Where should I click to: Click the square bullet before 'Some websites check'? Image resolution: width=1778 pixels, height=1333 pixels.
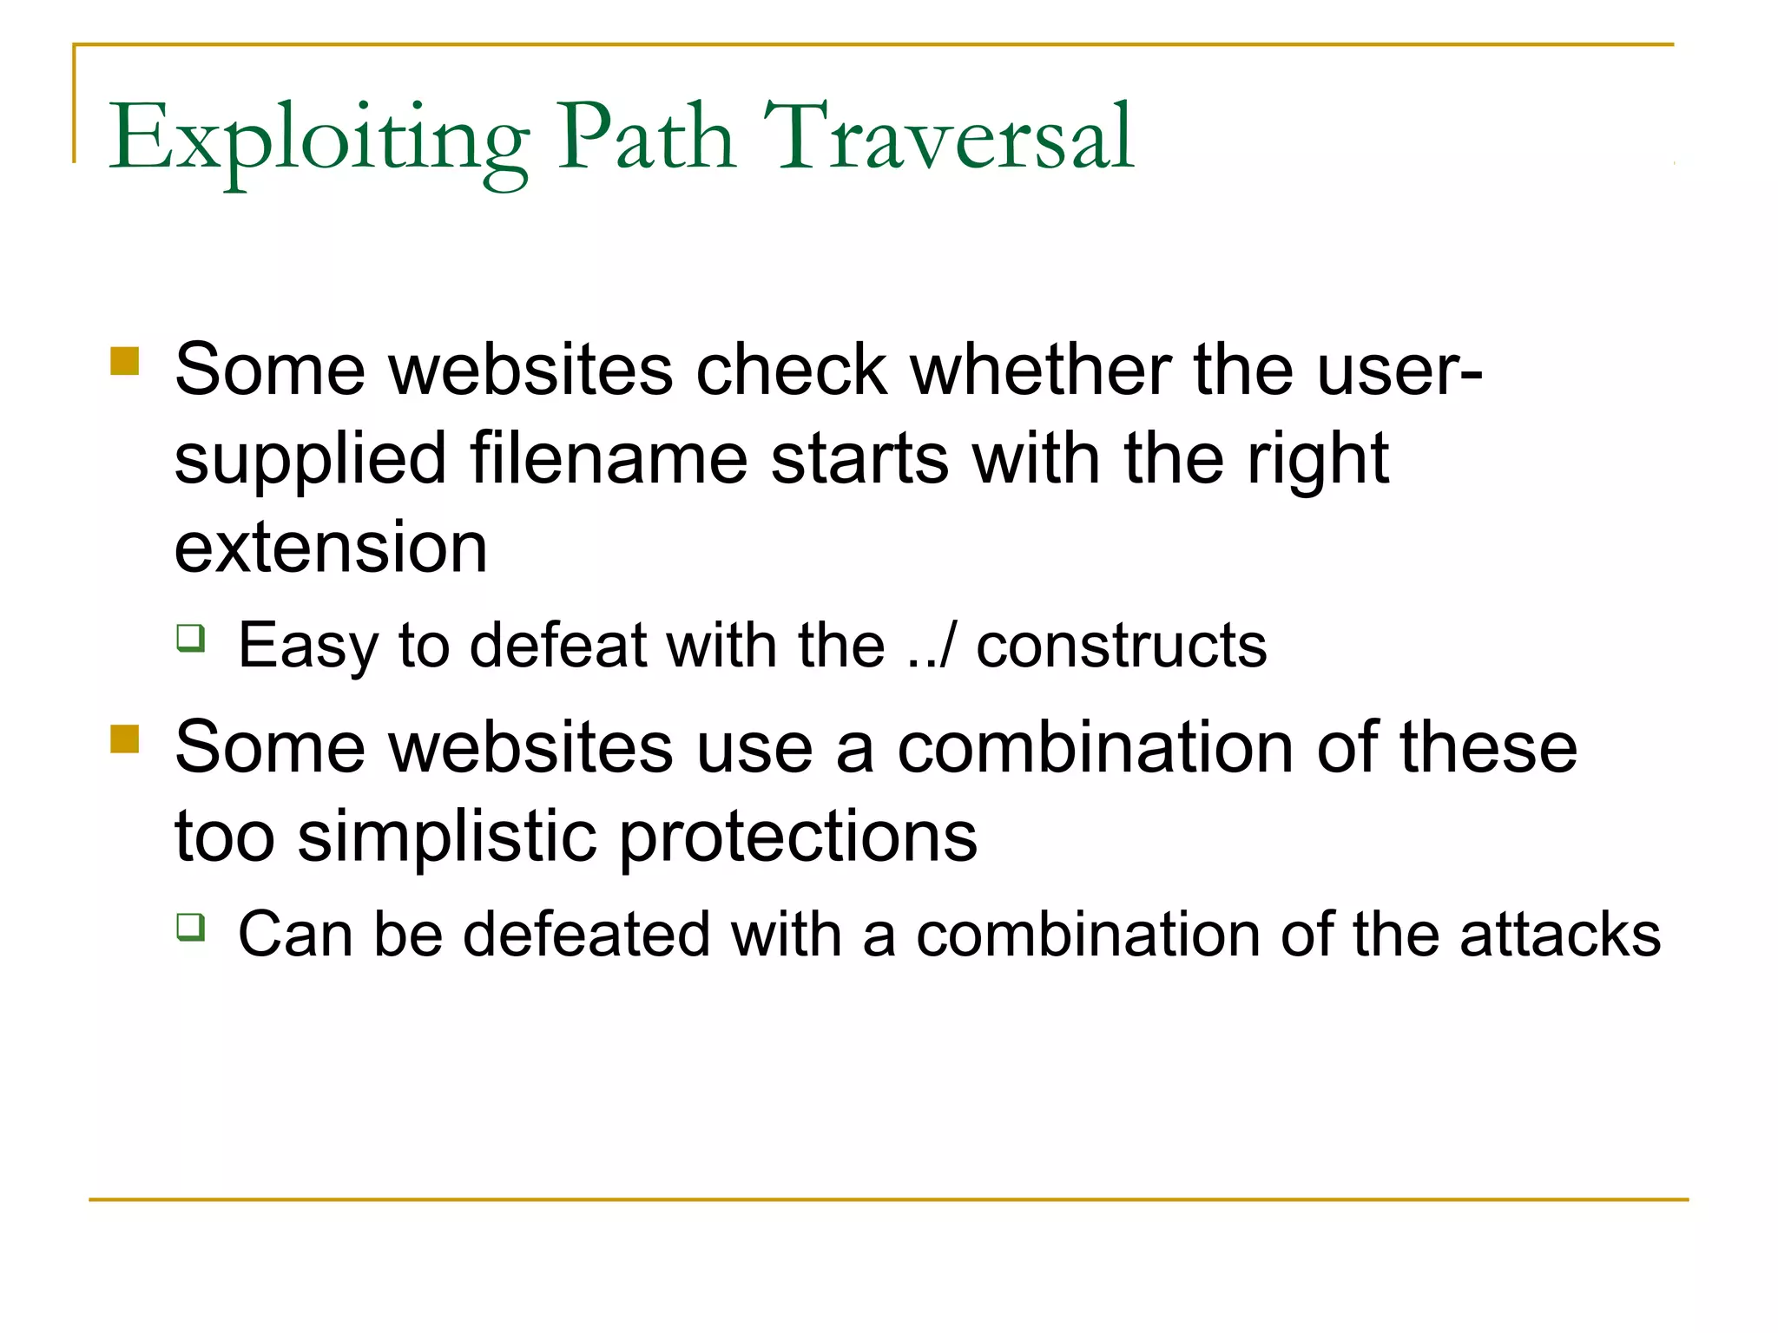[x=125, y=361]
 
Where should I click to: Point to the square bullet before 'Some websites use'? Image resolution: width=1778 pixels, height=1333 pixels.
[x=125, y=739]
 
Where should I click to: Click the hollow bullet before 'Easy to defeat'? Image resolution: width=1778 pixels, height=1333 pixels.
[x=191, y=638]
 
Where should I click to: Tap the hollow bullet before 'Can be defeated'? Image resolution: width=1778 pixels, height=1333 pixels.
[x=191, y=927]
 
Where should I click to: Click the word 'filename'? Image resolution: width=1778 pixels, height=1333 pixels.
[x=609, y=458]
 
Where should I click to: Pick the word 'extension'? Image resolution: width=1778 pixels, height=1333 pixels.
[x=331, y=548]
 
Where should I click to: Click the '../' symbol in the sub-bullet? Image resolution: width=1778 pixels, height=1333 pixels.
[x=931, y=646]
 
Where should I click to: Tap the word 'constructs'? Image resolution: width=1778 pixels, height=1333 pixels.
[x=1122, y=646]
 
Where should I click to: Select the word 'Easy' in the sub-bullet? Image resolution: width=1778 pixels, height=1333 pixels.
[x=308, y=647]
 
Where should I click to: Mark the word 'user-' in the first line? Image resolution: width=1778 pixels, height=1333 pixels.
[x=1399, y=369]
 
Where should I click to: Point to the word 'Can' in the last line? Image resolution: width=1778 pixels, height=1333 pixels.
[x=295, y=935]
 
